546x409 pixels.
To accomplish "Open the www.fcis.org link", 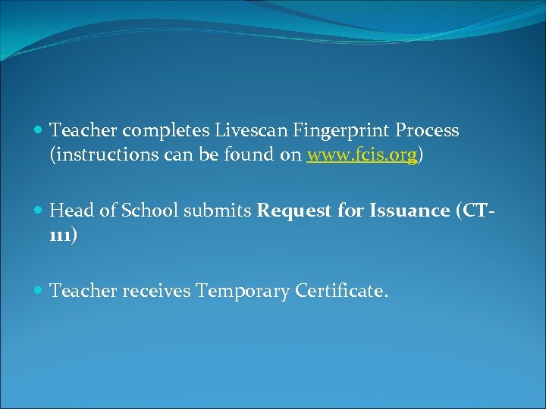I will click(x=362, y=155).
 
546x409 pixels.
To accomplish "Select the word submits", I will click(x=215, y=211).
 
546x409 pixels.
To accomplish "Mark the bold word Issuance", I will click(x=409, y=211).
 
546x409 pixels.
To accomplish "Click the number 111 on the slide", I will click(x=60, y=236).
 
